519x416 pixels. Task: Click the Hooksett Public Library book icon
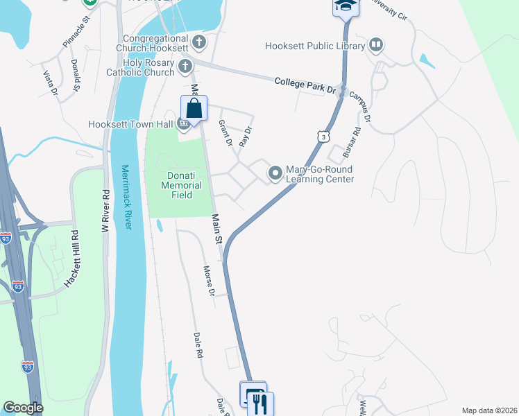point(376,46)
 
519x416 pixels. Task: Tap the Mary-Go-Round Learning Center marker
point(275,173)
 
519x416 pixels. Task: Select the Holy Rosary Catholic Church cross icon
point(185,67)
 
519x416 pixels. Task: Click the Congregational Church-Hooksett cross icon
point(199,42)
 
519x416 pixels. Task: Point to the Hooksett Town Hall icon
point(183,125)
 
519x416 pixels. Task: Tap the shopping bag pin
point(194,110)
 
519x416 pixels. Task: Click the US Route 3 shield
point(323,137)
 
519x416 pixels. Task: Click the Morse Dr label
point(208,280)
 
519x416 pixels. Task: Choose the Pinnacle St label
point(77,33)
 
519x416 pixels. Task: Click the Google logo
point(24,408)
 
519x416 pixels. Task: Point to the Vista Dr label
point(49,83)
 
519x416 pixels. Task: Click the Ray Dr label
point(244,135)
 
